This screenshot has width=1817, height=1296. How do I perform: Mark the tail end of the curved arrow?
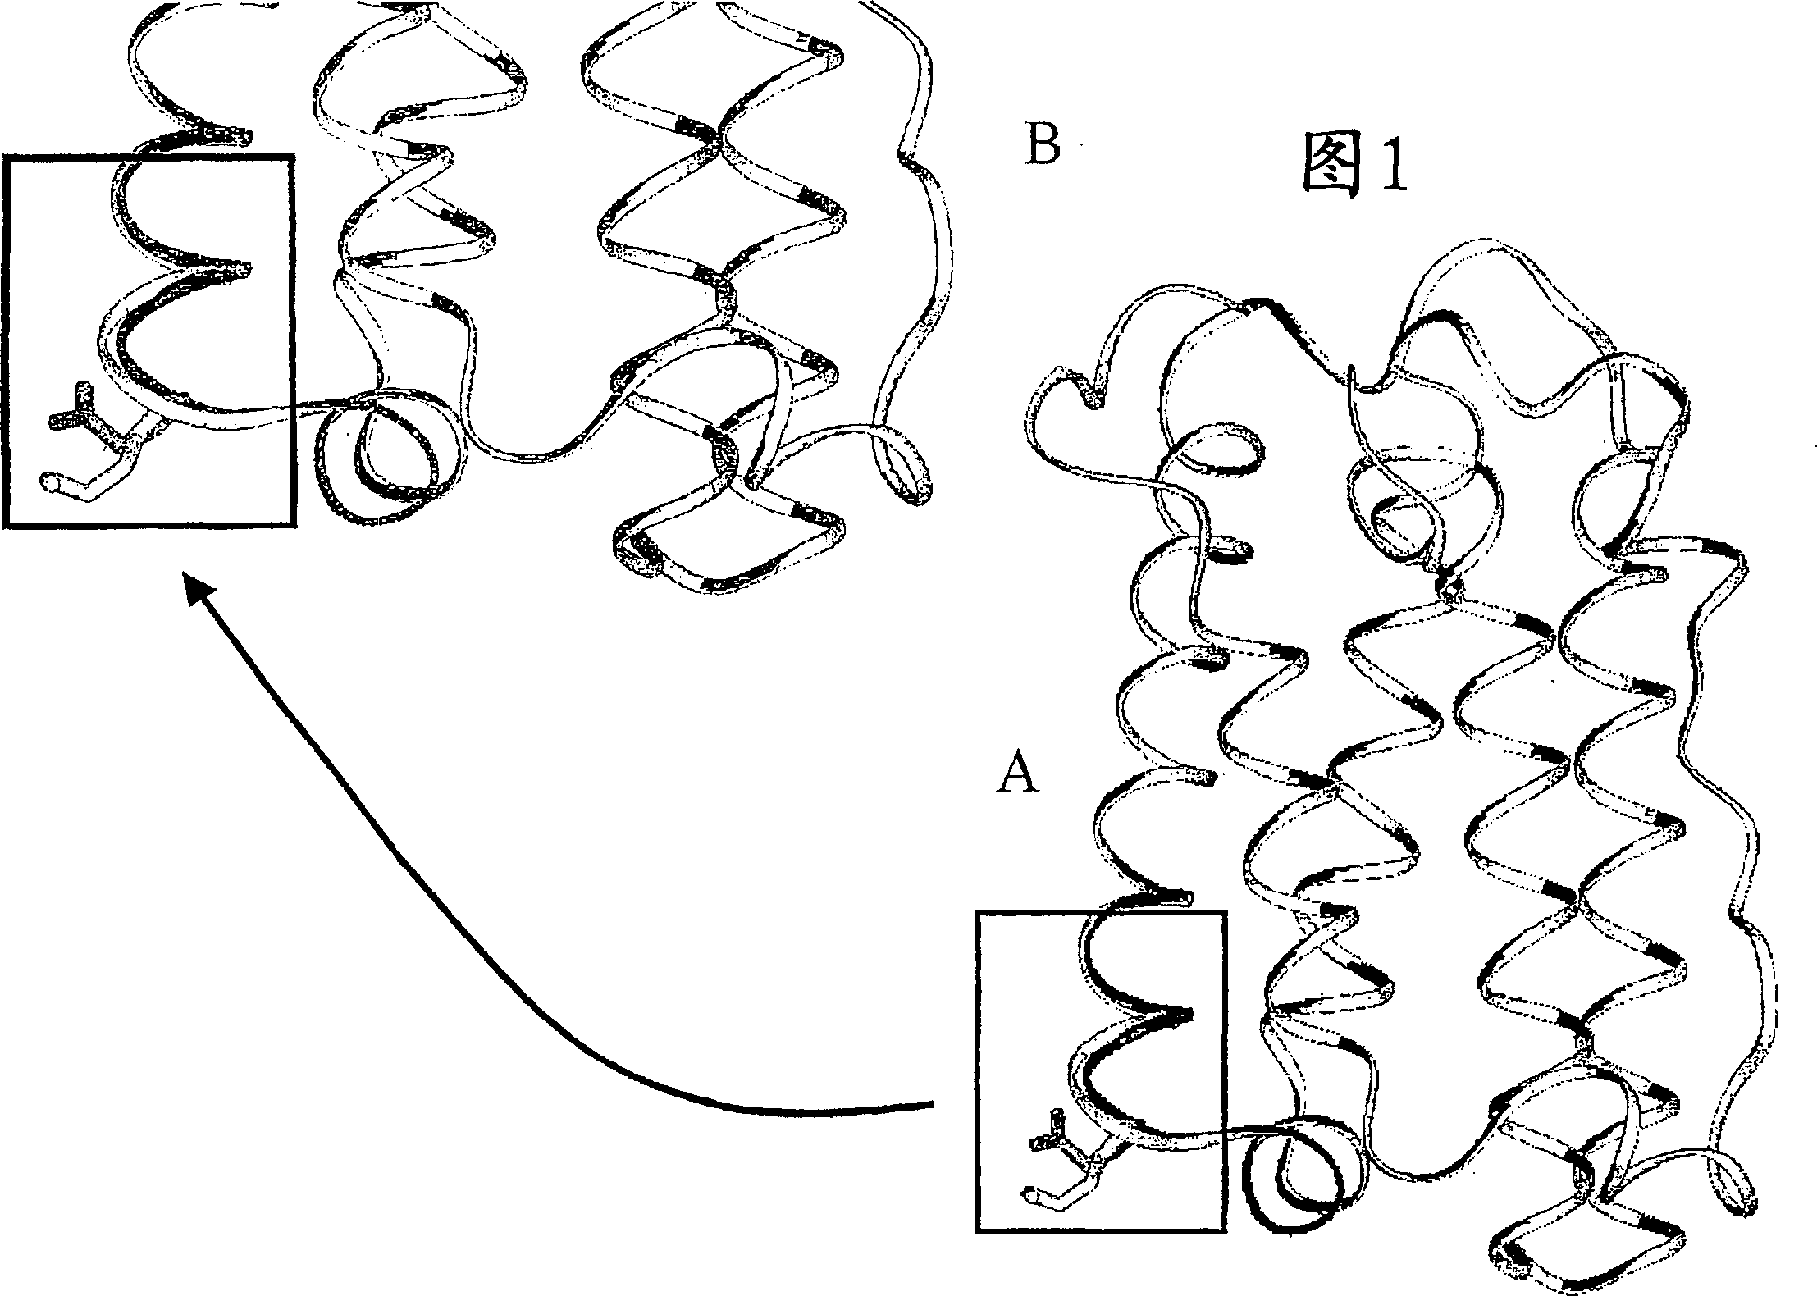(x=932, y=1107)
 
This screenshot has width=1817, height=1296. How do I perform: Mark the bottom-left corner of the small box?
(x=977, y=1253)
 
